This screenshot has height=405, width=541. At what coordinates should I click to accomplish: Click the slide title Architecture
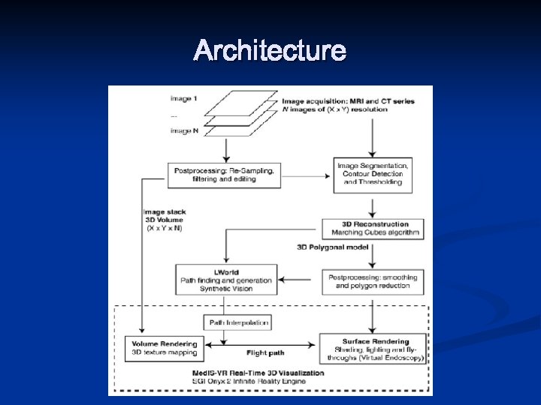(x=270, y=51)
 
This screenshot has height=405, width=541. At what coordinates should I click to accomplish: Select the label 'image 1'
(x=185, y=98)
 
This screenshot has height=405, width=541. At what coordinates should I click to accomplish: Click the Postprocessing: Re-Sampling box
(x=224, y=175)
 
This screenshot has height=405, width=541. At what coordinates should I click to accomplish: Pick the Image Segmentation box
(x=373, y=174)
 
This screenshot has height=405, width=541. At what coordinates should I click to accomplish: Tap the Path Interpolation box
(x=236, y=323)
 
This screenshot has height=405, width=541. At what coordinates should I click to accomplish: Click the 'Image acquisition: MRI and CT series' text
(x=347, y=100)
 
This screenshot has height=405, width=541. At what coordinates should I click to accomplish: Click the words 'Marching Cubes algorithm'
(x=373, y=232)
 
